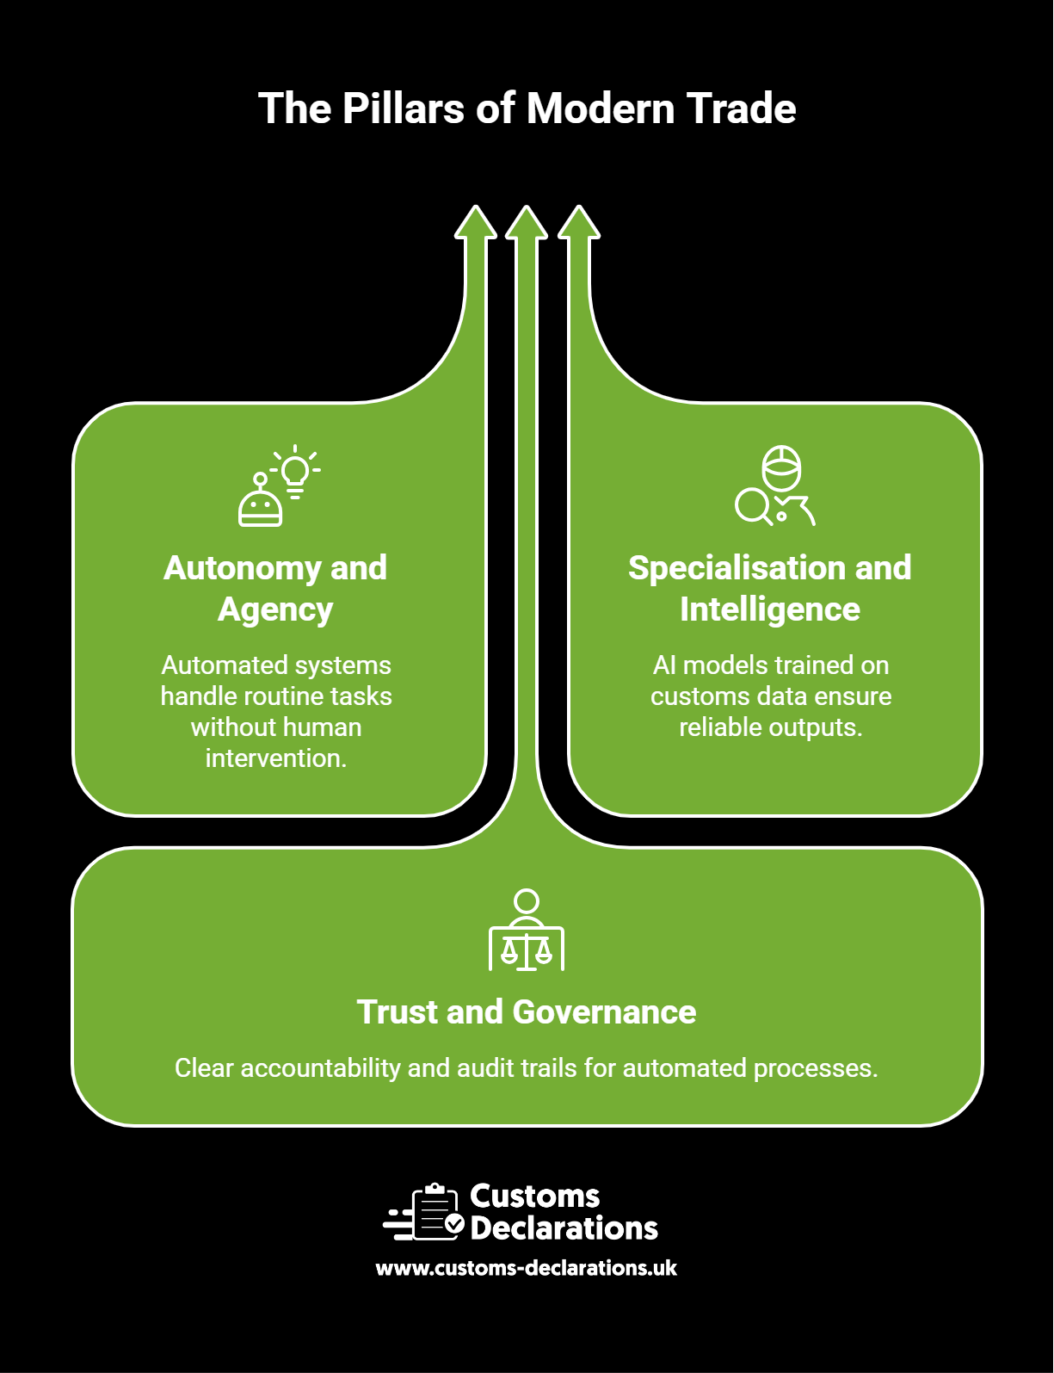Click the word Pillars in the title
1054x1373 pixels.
coord(404,108)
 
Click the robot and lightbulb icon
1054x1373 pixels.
coord(279,485)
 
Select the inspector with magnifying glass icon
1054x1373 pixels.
coord(775,485)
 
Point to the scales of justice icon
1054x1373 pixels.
coord(527,930)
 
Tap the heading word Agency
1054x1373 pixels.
coord(275,609)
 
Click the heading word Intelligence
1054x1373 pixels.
coord(770,609)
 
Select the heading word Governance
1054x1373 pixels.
coord(604,1011)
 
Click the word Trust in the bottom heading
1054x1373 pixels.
coord(398,1011)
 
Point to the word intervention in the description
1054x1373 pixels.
coord(276,758)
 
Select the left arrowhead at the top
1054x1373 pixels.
coord(476,222)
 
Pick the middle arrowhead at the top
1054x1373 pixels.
coord(527,222)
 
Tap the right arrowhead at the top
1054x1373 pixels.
coord(578,222)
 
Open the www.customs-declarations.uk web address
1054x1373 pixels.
coord(526,1268)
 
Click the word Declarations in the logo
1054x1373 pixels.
coord(564,1228)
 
